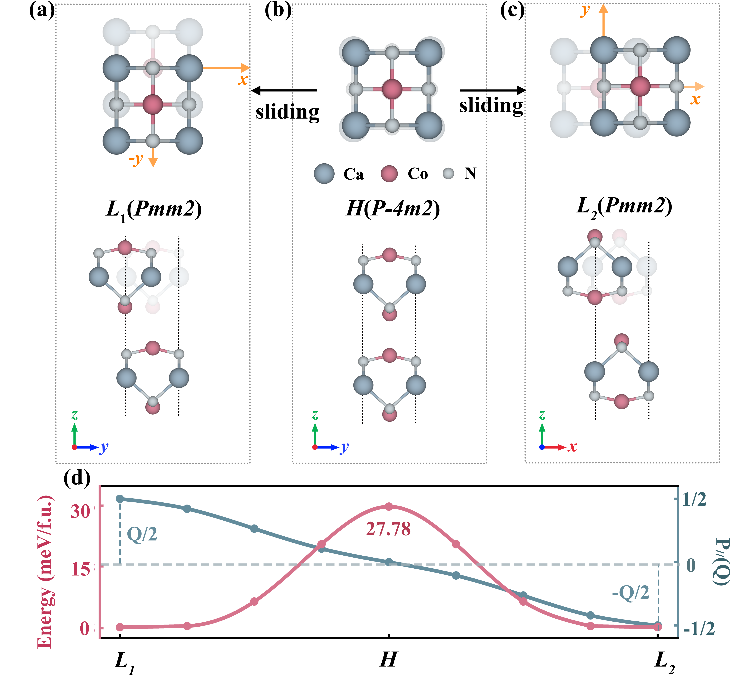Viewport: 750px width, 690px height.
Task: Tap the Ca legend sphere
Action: [x=324, y=174]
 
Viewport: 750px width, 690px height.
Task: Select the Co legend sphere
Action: [x=389, y=174]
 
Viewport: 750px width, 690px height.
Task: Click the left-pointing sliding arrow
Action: [x=284, y=90]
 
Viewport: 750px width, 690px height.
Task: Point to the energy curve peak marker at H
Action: [x=389, y=507]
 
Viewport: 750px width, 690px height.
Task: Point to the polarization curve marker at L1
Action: [x=120, y=499]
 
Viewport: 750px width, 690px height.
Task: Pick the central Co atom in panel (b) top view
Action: [x=392, y=89]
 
